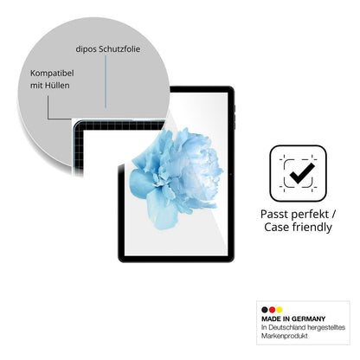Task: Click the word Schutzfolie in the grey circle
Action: [x=119, y=49]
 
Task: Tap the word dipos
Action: [x=86, y=49]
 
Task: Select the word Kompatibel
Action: [x=52, y=74]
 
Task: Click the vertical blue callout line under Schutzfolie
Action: [x=106, y=82]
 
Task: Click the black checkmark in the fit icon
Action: [x=302, y=173]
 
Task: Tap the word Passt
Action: [x=274, y=215]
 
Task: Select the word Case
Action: [x=277, y=227]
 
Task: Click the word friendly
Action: [x=312, y=228]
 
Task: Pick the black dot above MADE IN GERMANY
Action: [x=265, y=310]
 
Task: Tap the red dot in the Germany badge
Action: [x=272, y=310]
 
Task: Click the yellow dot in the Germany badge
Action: [x=279, y=310]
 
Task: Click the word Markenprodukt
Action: [x=285, y=336]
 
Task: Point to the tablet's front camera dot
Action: [x=231, y=174]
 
